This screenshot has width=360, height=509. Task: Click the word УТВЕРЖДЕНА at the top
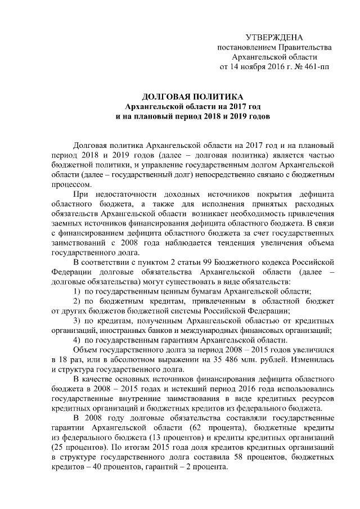[x=274, y=37]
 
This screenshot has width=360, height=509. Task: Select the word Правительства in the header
[x=305, y=47]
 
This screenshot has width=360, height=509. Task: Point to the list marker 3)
[x=79, y=321]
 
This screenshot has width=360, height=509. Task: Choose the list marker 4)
[x=78, y=340]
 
